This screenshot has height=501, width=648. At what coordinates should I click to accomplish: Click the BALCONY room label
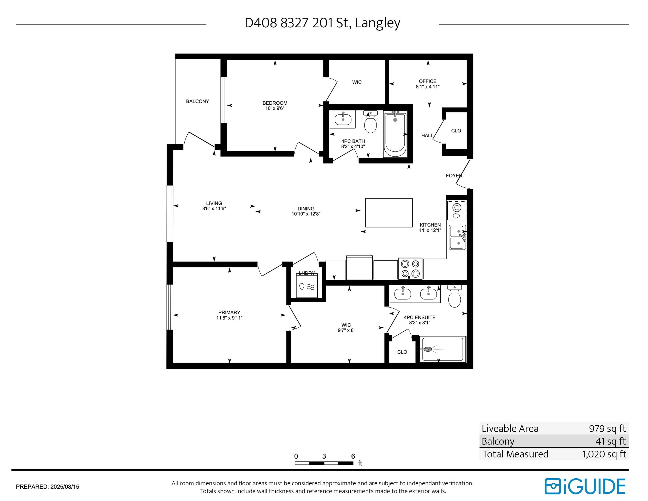(197, 102)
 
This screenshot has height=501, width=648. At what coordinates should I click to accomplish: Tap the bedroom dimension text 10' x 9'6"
(275, 108)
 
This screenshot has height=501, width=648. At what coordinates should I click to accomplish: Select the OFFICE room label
(428, 81)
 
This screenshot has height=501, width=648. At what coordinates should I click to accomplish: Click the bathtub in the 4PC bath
(395, 134)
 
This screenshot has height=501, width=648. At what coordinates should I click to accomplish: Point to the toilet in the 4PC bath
(370, 122)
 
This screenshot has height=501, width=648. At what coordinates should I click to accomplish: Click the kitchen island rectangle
(389, 212)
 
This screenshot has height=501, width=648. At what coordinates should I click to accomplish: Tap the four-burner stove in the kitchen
(410, 268)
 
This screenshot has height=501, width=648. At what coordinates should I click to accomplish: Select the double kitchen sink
(458, 237)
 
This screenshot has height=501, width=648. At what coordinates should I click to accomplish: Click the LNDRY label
(307, 273)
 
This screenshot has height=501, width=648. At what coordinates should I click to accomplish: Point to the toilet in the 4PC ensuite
(454, 296)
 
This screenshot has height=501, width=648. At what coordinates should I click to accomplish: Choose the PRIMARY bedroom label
(229, 312)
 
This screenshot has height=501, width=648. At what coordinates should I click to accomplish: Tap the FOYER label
(454, 176)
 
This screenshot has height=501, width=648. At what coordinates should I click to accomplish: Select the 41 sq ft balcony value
(611, 441)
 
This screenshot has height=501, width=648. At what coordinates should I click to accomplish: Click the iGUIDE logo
(585, 486)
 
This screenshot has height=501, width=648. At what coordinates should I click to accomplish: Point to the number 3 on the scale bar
(324, 456)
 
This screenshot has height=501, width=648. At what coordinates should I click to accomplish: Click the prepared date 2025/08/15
(65, 487)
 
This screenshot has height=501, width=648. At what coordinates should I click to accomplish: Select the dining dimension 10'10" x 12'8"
(306, 214)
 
